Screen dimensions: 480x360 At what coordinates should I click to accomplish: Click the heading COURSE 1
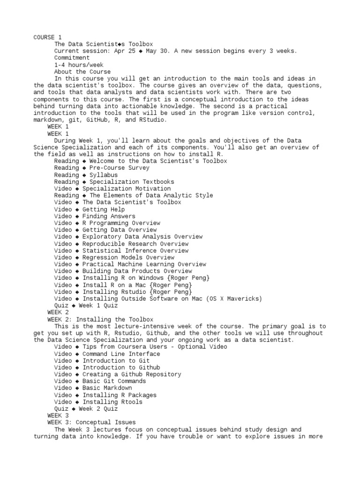click(x=47, y=37)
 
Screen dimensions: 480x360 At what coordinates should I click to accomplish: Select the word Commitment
click(x=72, y=58)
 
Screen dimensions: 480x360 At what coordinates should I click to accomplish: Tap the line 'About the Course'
click(x=82, y=72)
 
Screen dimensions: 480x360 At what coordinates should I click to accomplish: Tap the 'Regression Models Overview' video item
click(x=128, y=257)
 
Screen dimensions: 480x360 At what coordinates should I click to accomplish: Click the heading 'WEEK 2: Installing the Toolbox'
click(x=100, y=319)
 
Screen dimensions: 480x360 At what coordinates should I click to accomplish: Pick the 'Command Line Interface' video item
click(x=121, y=354)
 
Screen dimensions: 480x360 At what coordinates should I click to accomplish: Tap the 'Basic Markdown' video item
click(x=107, y=388)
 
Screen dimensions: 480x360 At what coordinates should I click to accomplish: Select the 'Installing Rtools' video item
click(x=112, y=402)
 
